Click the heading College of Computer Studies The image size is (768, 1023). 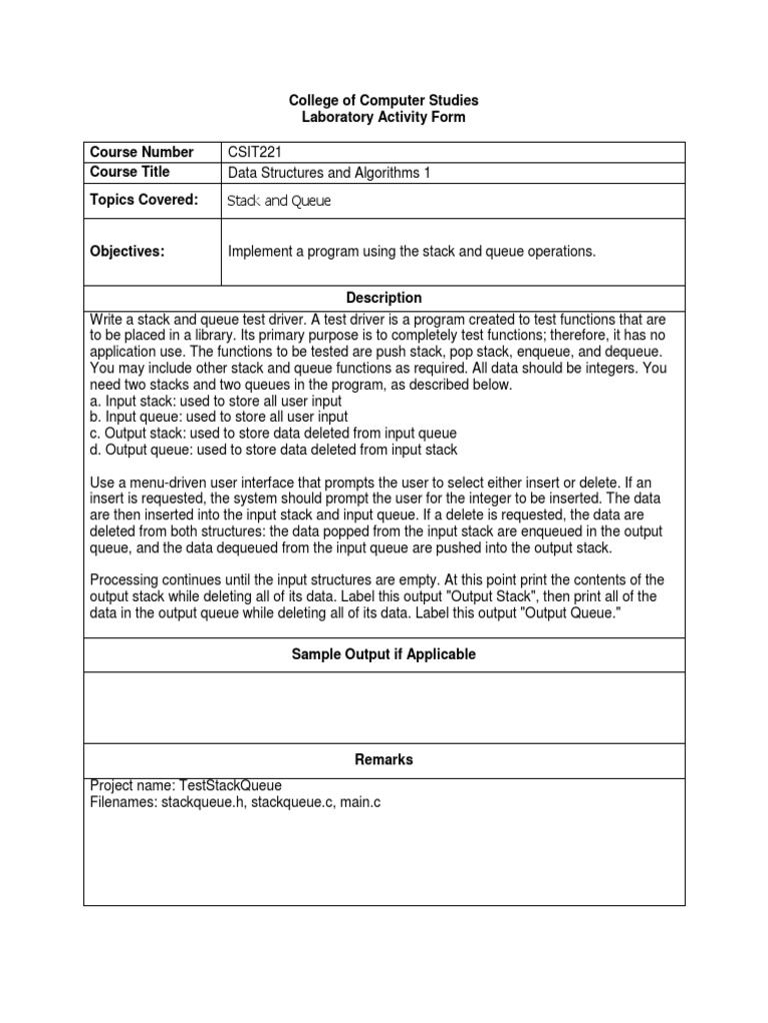click(384, 100)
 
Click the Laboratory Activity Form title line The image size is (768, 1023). click(384, 117)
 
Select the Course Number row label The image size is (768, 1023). click(141, 152)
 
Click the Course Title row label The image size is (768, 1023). click(130, 172)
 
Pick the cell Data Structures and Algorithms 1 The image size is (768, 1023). click(329, 172)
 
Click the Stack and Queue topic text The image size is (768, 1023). click(279, 201)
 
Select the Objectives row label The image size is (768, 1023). click(127, 252)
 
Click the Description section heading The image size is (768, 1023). click(384, 298)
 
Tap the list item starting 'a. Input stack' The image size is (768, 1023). click(216, 401)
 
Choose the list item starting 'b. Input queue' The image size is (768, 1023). click(219, 417)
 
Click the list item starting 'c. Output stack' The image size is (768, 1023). click(273, 433)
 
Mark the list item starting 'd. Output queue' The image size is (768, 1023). click(273, 449)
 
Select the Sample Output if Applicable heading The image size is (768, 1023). click(384, 654)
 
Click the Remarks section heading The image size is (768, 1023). click(384, 759)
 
